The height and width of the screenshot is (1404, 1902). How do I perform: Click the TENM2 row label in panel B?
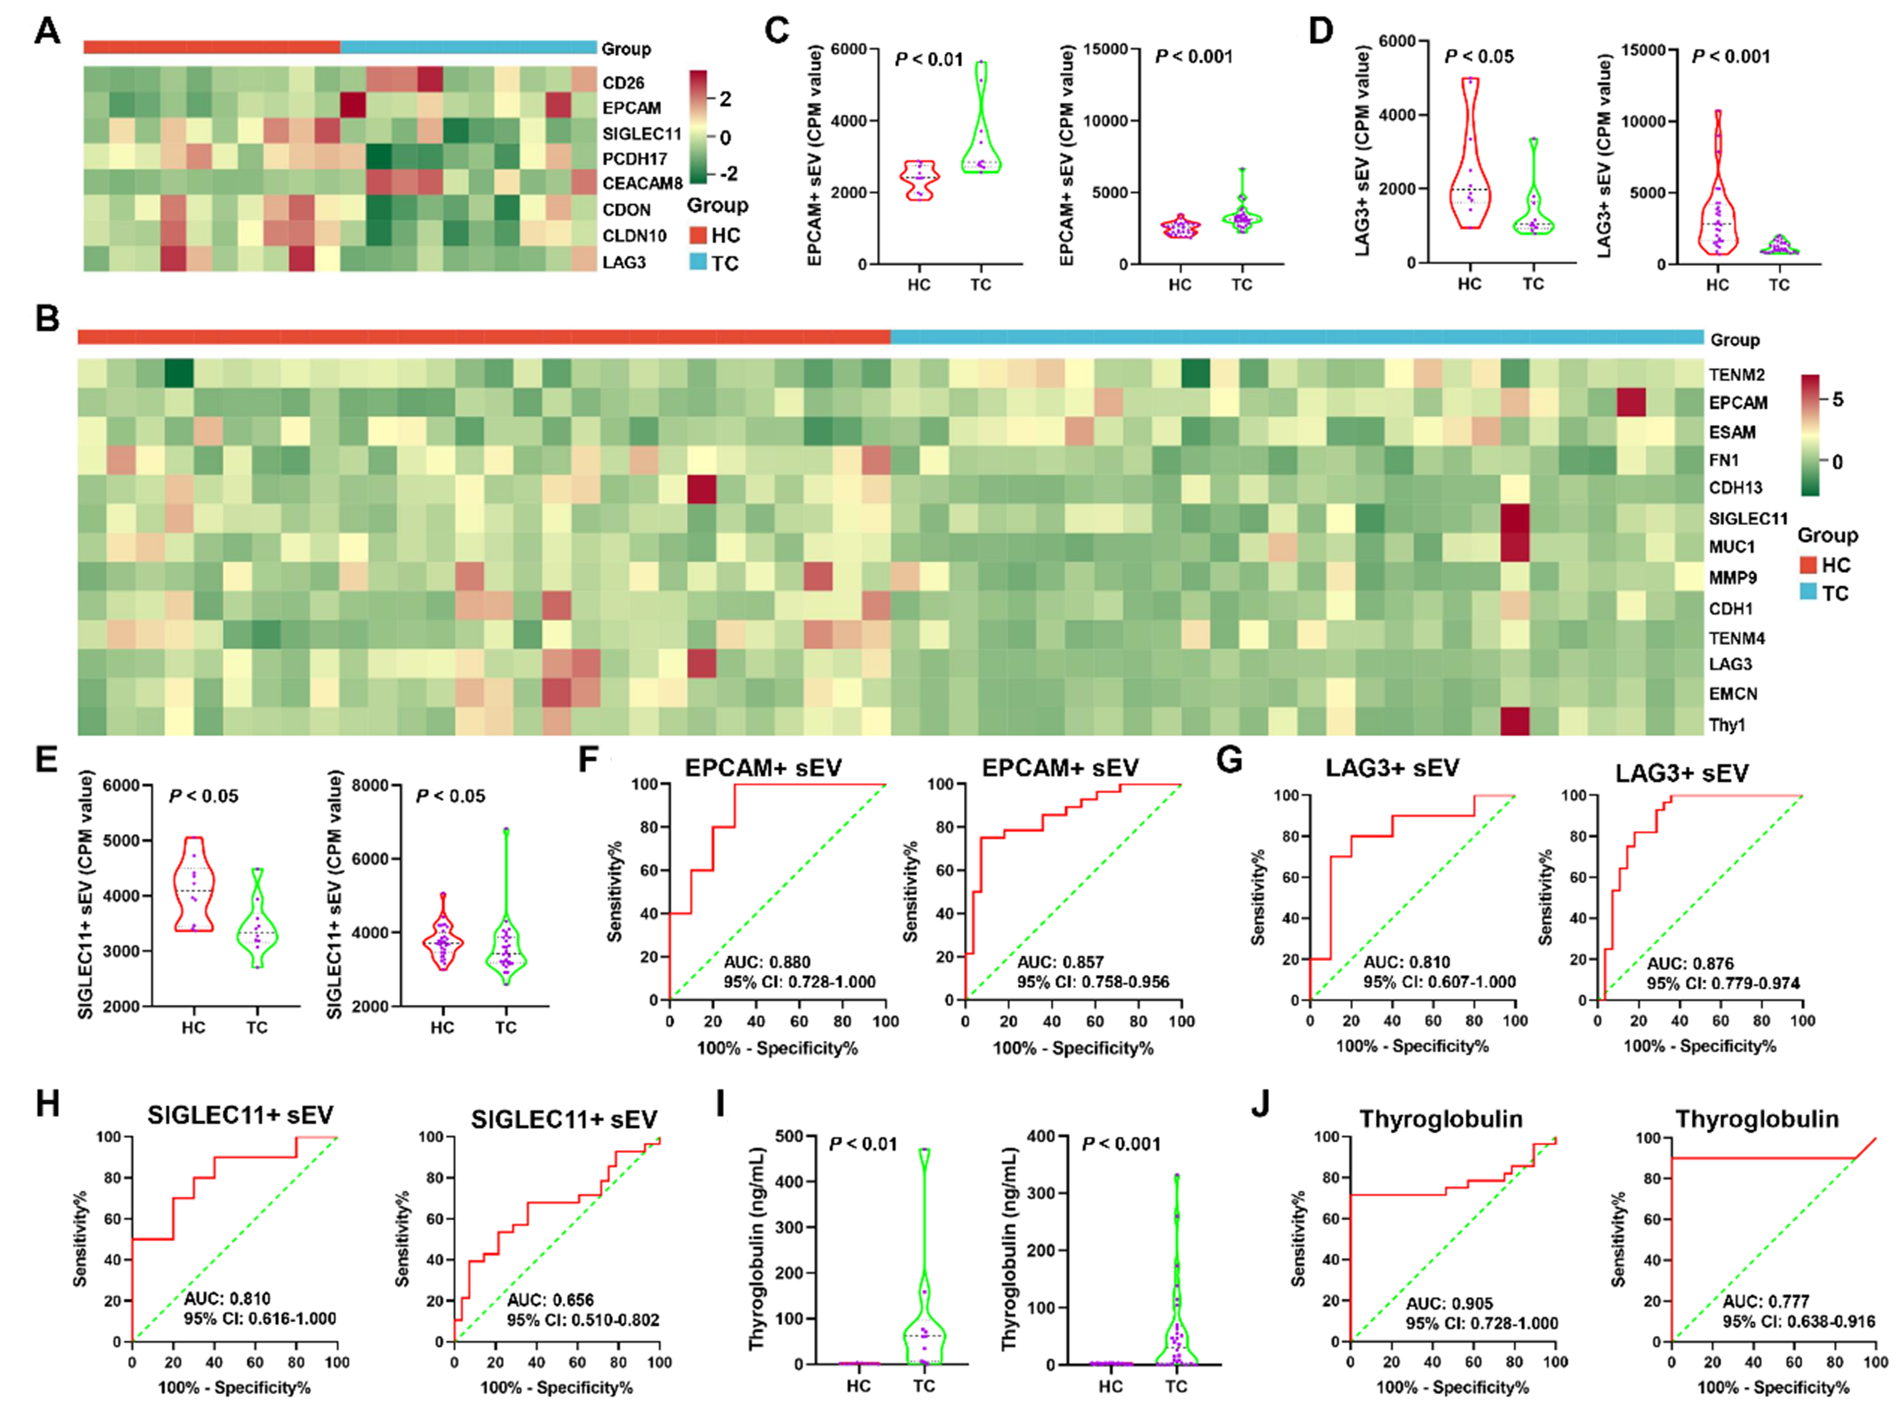(1736, 375)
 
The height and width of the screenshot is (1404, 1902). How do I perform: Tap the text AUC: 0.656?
(550, 1300)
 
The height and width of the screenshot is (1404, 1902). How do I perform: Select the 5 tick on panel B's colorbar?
(1838, 400)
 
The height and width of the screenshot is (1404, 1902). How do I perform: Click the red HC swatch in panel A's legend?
(697, 235)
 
